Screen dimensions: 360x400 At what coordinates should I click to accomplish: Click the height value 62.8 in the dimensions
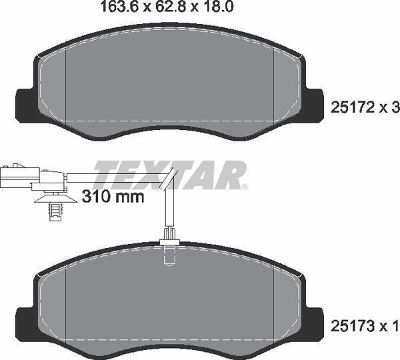click(x=165, y=9)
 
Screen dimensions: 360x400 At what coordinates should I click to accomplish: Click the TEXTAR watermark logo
click(x=170, y=175)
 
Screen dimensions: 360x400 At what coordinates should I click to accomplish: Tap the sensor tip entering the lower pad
click(x=169, y=252)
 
